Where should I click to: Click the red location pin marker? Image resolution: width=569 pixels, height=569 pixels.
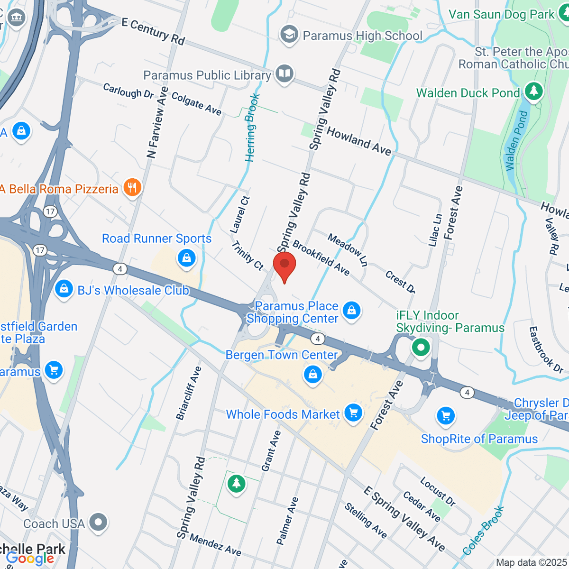point(284,265)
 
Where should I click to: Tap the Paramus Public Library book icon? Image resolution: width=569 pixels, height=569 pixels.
point(284,74)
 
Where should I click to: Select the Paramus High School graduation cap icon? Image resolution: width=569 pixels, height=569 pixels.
point(289,35)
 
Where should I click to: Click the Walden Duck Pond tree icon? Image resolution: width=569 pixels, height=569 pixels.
point(534,92)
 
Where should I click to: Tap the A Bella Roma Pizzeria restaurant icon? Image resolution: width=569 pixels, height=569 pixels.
point(132,188)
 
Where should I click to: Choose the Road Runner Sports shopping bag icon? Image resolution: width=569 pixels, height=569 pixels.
point(186,258)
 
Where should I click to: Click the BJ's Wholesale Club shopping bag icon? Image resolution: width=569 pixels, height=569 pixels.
point(64,289)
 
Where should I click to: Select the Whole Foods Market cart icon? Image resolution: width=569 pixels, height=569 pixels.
point(353,413)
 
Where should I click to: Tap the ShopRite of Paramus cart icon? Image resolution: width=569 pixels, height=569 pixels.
point(445,416)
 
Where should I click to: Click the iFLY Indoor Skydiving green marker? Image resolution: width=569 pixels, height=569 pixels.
point(421,347)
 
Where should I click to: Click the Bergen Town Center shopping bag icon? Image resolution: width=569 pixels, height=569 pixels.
point(312,375)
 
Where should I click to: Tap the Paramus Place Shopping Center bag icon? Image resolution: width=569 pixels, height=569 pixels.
point(351,311)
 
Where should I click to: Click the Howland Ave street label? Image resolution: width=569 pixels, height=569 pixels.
point(359,141)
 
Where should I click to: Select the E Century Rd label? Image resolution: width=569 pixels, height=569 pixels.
point(153,31)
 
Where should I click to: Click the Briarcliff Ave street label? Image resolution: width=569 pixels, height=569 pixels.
point(189,393)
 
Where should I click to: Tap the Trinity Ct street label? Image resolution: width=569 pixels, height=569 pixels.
point(248,255)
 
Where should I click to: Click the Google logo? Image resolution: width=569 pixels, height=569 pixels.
point(30,559)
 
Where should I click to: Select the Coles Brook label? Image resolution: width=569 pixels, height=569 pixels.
point(483,531)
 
